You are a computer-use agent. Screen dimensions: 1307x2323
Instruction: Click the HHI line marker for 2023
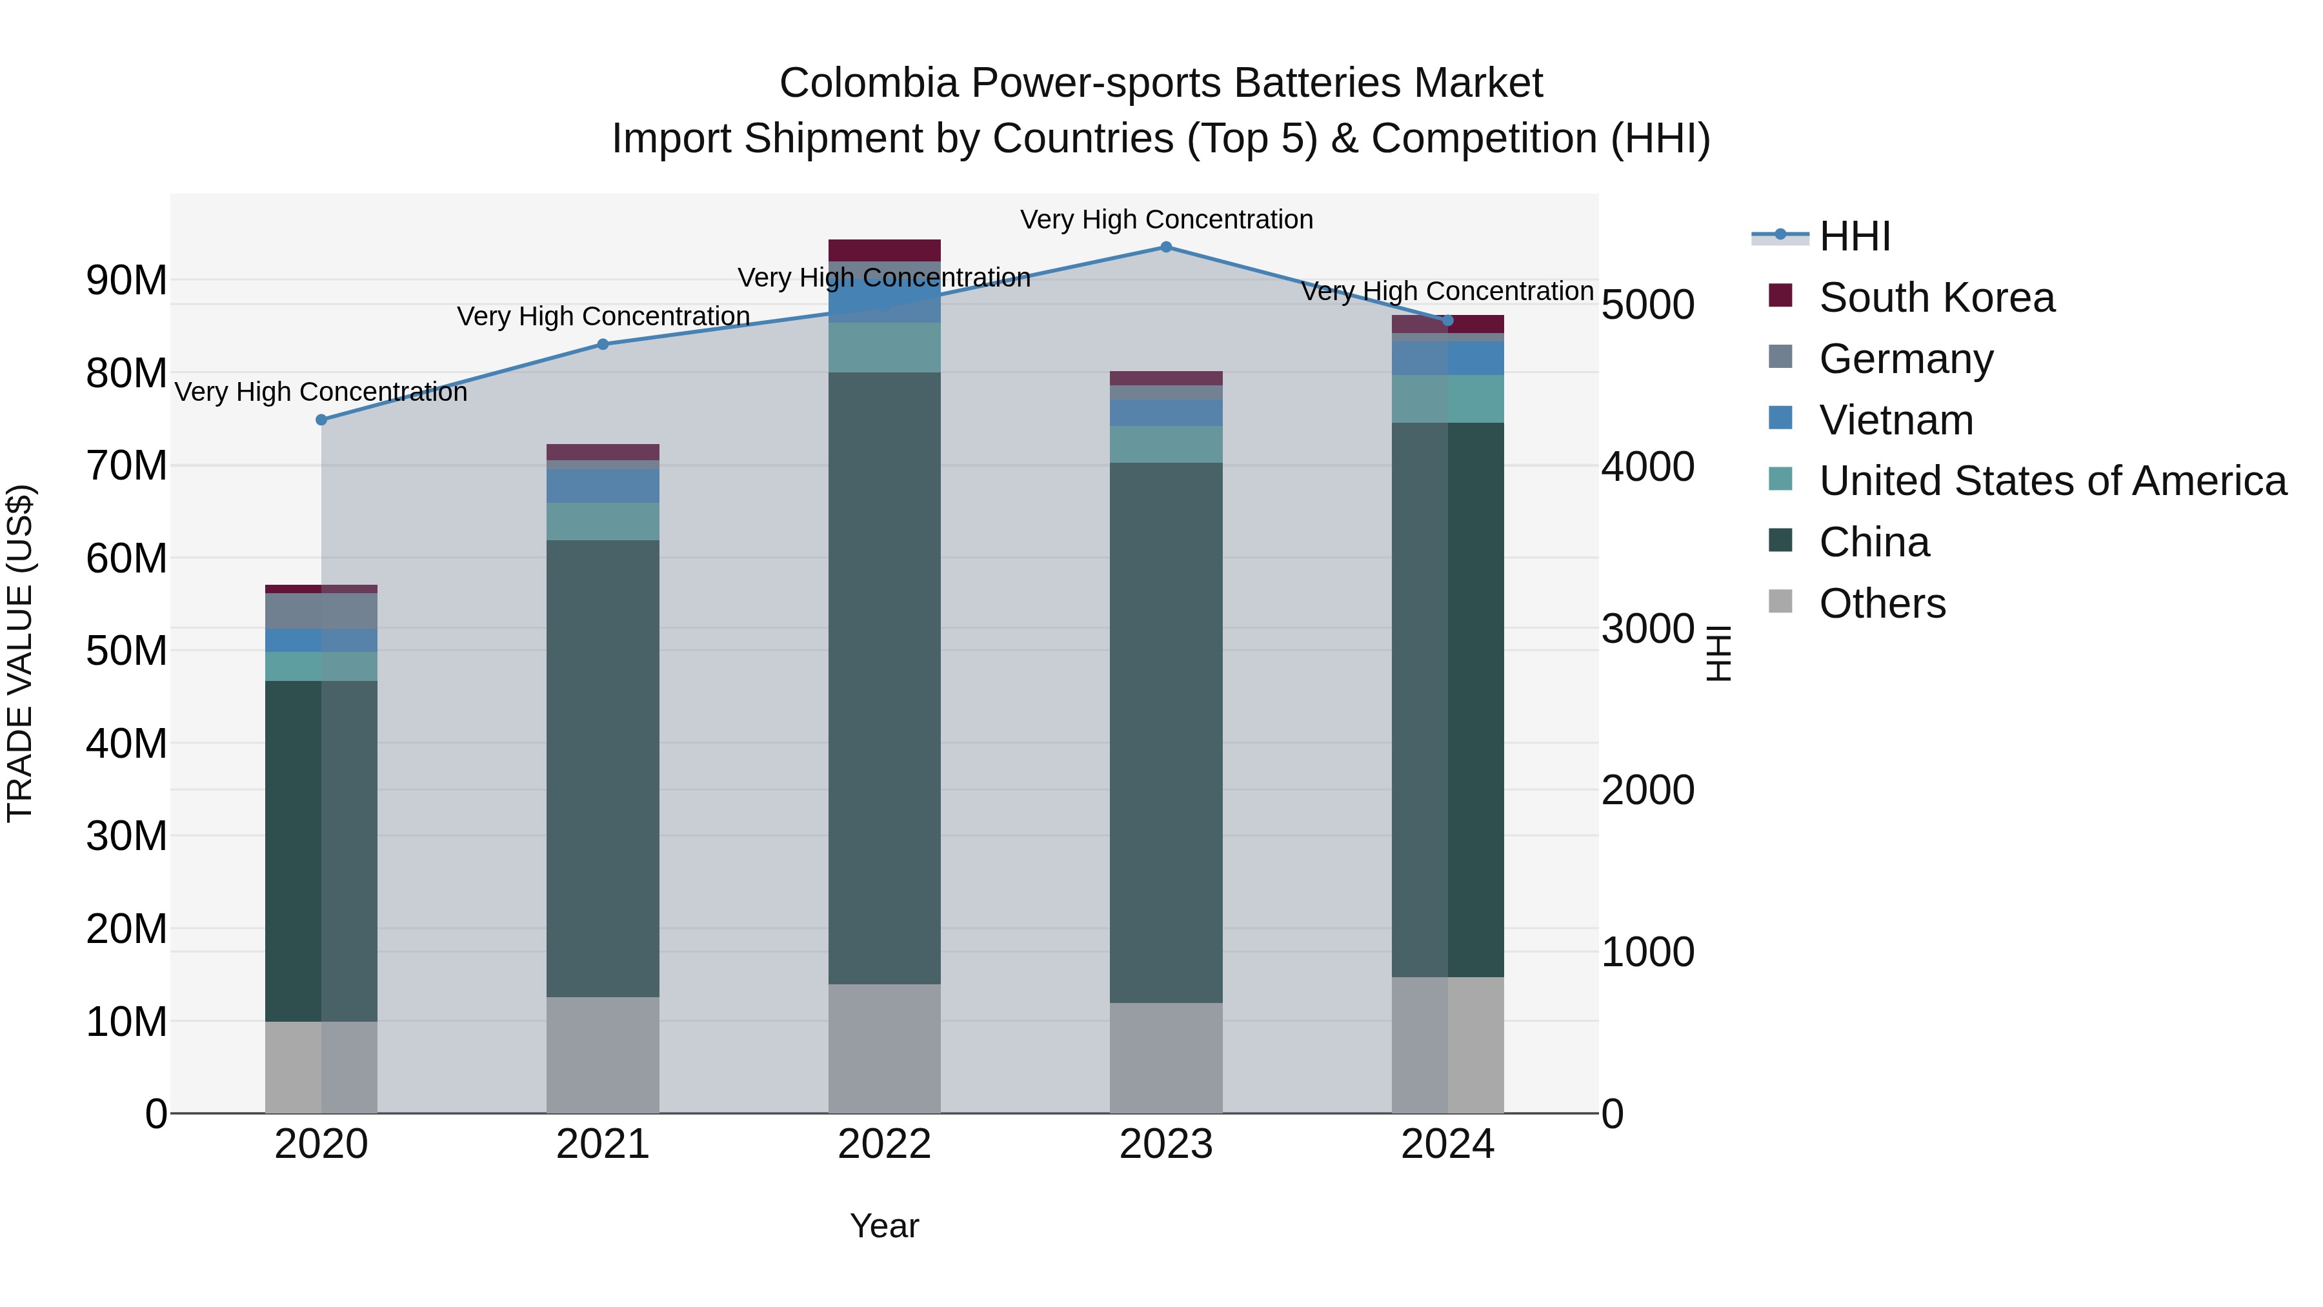[x=1166, y=247]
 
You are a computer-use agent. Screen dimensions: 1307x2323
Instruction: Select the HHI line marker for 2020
[x=321, y=420]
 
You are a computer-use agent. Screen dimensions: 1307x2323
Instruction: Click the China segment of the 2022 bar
[x=884, y=676]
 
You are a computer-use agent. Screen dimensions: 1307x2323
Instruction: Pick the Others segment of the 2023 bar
[x=1166, y=1057]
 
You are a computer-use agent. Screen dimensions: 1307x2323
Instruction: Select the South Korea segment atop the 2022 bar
[x=884, y=250]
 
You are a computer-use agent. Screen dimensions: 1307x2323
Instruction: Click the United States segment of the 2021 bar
[x=603, y=522]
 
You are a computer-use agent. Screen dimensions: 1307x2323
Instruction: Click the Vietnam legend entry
[x=1896, y=420]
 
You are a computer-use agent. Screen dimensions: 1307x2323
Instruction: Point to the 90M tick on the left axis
[x=126, y=281]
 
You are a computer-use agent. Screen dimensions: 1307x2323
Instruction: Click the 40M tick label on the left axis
[x=126, y=744]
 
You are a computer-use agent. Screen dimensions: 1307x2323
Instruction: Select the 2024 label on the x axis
[x=1447, y=1144]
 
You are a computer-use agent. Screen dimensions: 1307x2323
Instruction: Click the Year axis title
[x=884, y=1226]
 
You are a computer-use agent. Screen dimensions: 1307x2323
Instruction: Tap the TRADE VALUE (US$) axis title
[x=20, y=653]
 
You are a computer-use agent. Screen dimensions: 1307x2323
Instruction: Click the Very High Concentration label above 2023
[x=1166, y=219]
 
